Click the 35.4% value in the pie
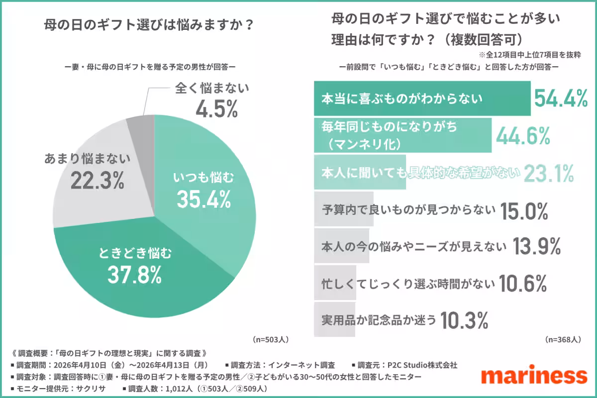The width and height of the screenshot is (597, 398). click(x=203, y=199)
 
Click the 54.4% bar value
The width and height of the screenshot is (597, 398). click(x=561, y=99)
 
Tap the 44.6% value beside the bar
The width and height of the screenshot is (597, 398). click(x=522, y=135)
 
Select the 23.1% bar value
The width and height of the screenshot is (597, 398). click(x=549, y=174)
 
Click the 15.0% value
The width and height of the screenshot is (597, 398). click(x=524, y=211)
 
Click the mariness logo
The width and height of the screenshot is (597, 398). click(x=534, y=376)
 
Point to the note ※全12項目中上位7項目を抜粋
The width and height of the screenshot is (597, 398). click(x=530, y=54)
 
